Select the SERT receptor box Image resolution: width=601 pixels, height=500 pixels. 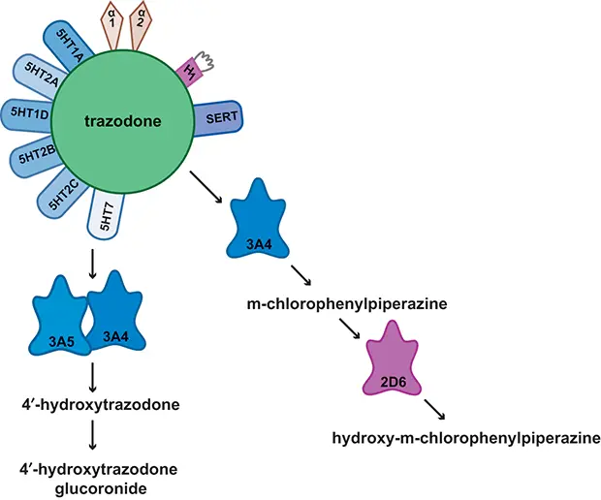tap(218, 118)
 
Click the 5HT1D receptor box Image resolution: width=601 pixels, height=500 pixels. tap(26, 114)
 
